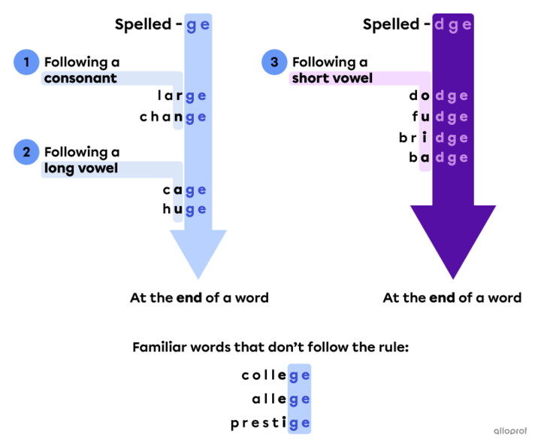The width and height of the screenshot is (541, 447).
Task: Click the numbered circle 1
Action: coord(26,62)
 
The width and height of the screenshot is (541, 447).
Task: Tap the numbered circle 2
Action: coord(26,151)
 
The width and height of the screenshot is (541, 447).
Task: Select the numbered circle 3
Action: coord(274,62)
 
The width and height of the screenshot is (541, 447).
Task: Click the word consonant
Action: coord(80,78)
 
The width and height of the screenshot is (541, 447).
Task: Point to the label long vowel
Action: coord(80,168)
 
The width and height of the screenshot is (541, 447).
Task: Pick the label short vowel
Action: coord(332,78)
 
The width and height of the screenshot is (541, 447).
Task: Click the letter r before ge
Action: coord(179,96)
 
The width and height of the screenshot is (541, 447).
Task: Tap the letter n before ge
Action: coord(179,117)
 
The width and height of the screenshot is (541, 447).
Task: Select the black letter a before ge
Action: coord(179,190)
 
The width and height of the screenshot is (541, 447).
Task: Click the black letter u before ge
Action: coord(179,209)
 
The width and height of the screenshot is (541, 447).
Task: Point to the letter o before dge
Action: coord(425,96)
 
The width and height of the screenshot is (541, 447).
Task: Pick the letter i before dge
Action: coord(425,138)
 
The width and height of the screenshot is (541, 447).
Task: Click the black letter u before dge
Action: coord(425,117)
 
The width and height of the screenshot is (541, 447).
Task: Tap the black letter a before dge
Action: coord(425,158)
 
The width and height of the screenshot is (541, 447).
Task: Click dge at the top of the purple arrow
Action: coord(453,25)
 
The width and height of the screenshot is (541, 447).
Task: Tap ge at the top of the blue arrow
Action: coord(198,25)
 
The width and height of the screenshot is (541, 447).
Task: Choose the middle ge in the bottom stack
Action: coord(299,400)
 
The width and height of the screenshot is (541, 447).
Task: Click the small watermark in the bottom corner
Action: coord(510,430)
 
